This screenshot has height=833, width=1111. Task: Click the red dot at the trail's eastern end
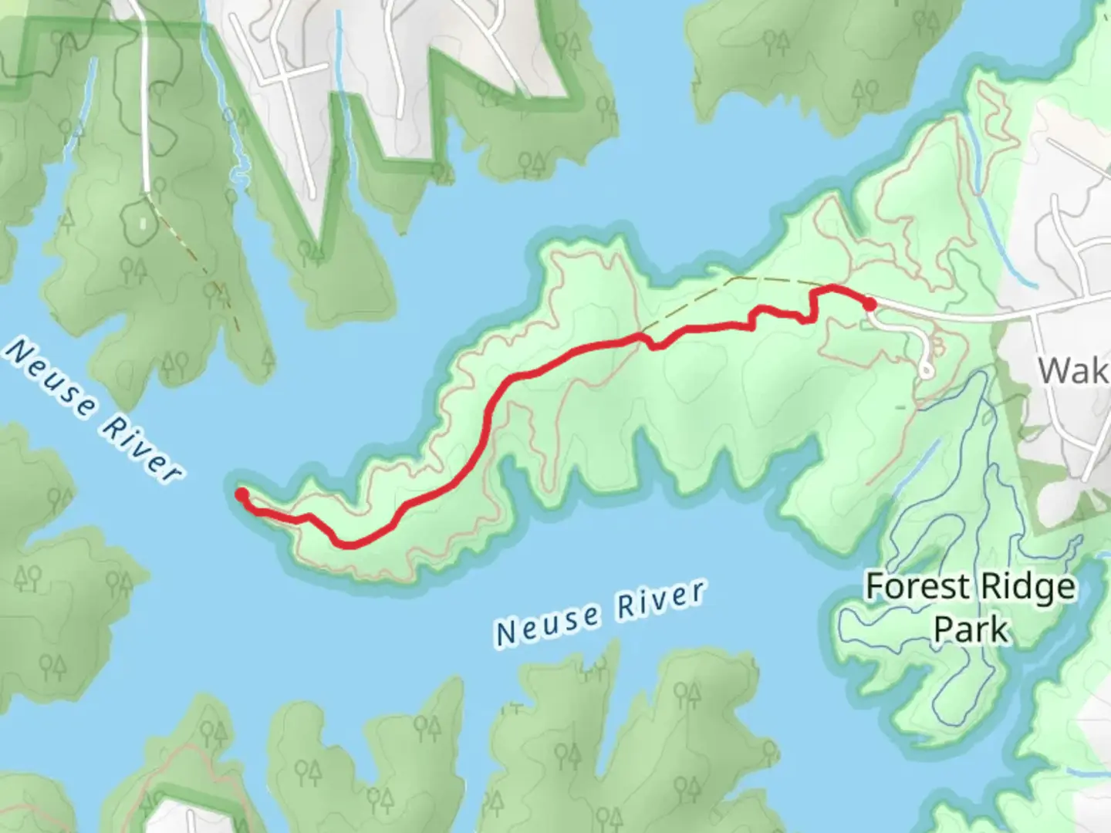click(870, 304)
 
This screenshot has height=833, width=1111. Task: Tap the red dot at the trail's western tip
click(241, 494)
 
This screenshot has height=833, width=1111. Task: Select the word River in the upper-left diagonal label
click(142, 448)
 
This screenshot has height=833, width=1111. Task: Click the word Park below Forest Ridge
click(971, 629)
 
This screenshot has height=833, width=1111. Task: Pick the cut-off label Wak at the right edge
click(1072, 371)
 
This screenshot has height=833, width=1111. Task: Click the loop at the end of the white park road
click(926, 372)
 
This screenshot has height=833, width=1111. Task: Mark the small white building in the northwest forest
click(144, 223)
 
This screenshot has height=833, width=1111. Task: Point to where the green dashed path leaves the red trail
click(642, 336)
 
